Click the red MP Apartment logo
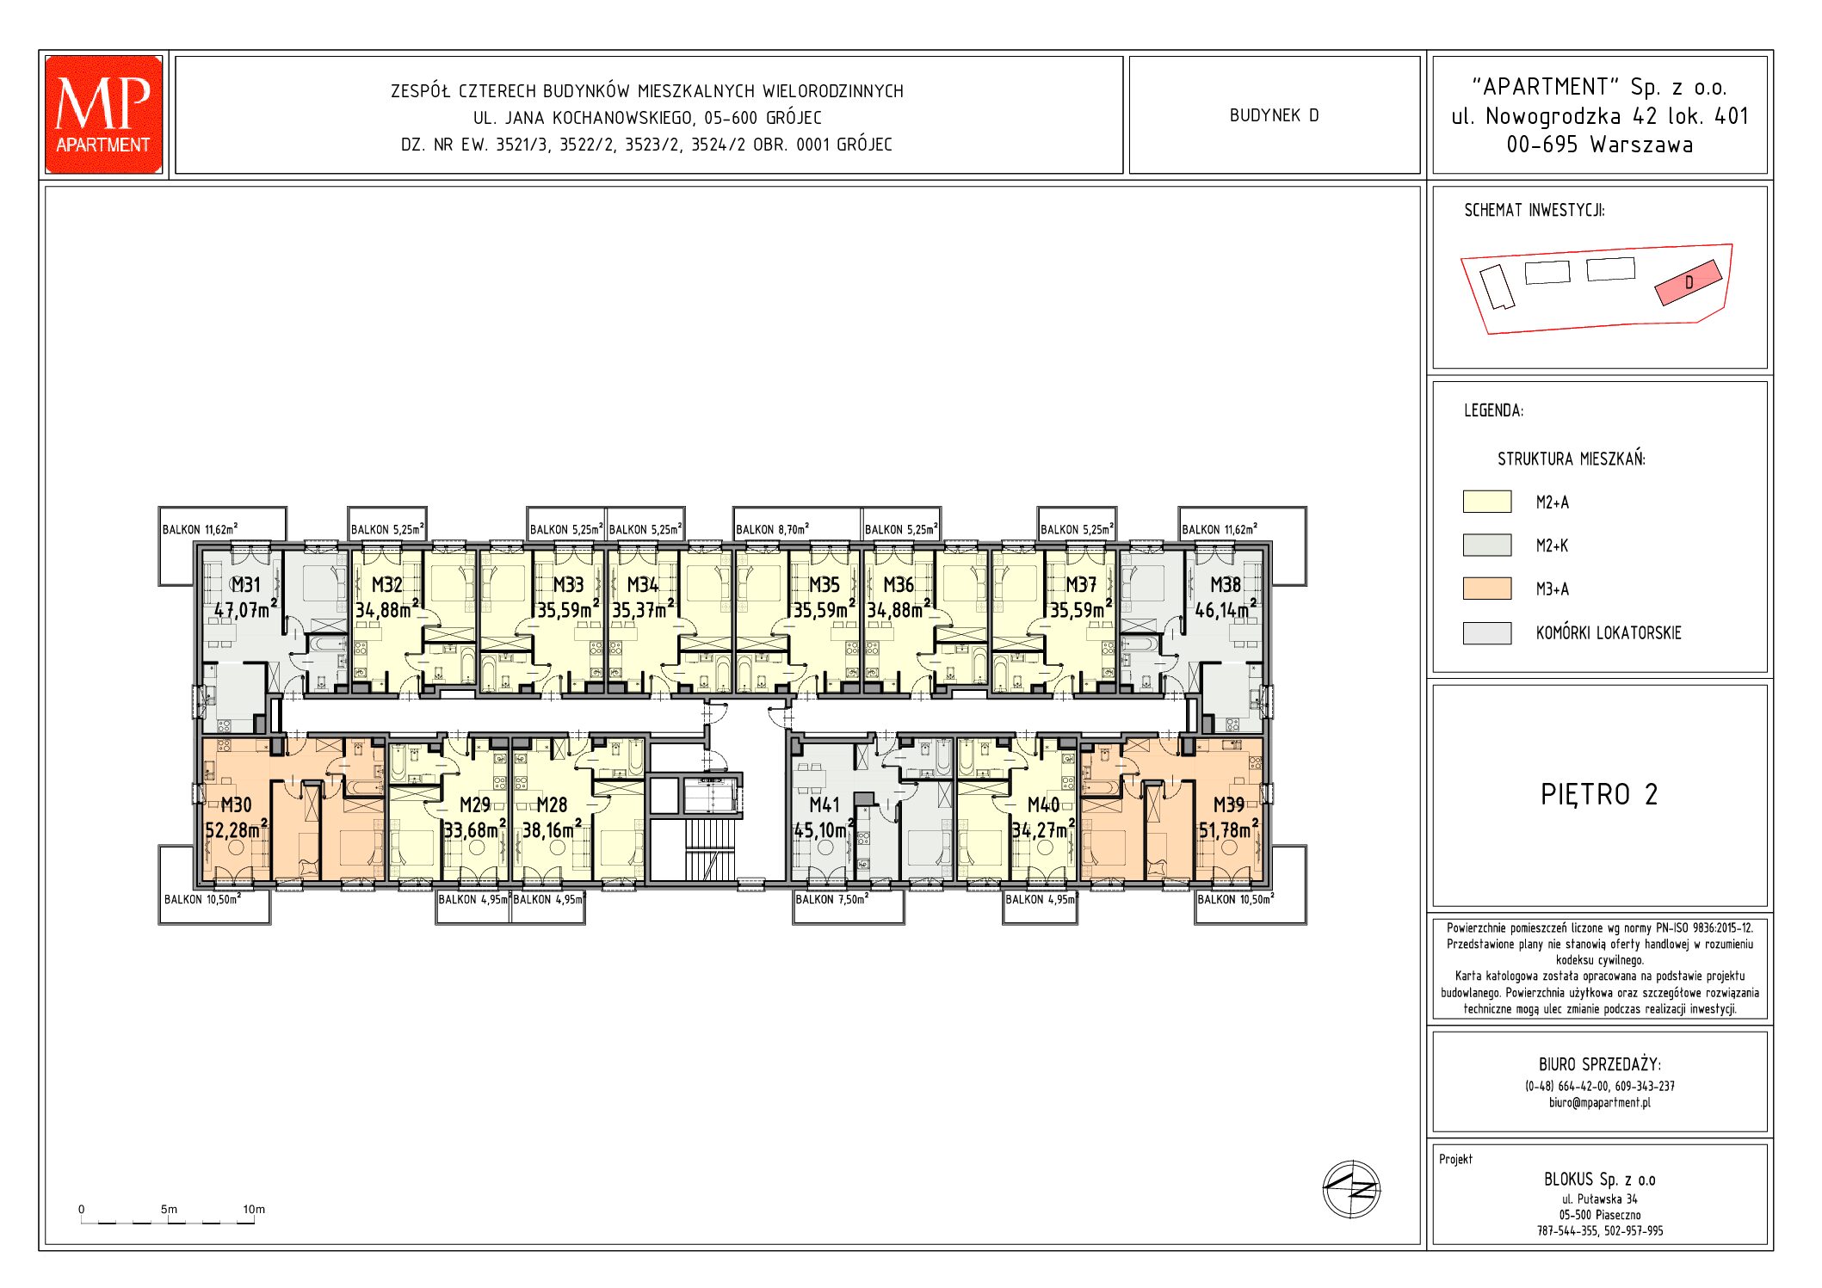pos(103,114)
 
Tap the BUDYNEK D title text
pos(1274,115)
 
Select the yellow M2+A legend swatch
pos(1486,502)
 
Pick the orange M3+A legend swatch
pos(1486,589)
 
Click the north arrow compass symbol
pos(1351,1189)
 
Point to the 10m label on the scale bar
pos(254,1209)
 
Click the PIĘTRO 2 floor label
pos(1599,794)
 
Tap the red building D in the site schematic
pos(1689,282)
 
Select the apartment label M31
pos(245,585)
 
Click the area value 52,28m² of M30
pos(237,829)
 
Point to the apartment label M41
pos(824,805)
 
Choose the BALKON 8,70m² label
pos(772,529)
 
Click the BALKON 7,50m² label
pos(831,899)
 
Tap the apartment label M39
pos(1228,805)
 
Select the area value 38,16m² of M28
pos(553,829)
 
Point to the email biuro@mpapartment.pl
pos(1599,1103)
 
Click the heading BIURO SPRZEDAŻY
pos(1599,1065)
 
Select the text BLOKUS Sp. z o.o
pos(1599,1180)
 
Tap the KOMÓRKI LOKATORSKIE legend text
pos(1608,633)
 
